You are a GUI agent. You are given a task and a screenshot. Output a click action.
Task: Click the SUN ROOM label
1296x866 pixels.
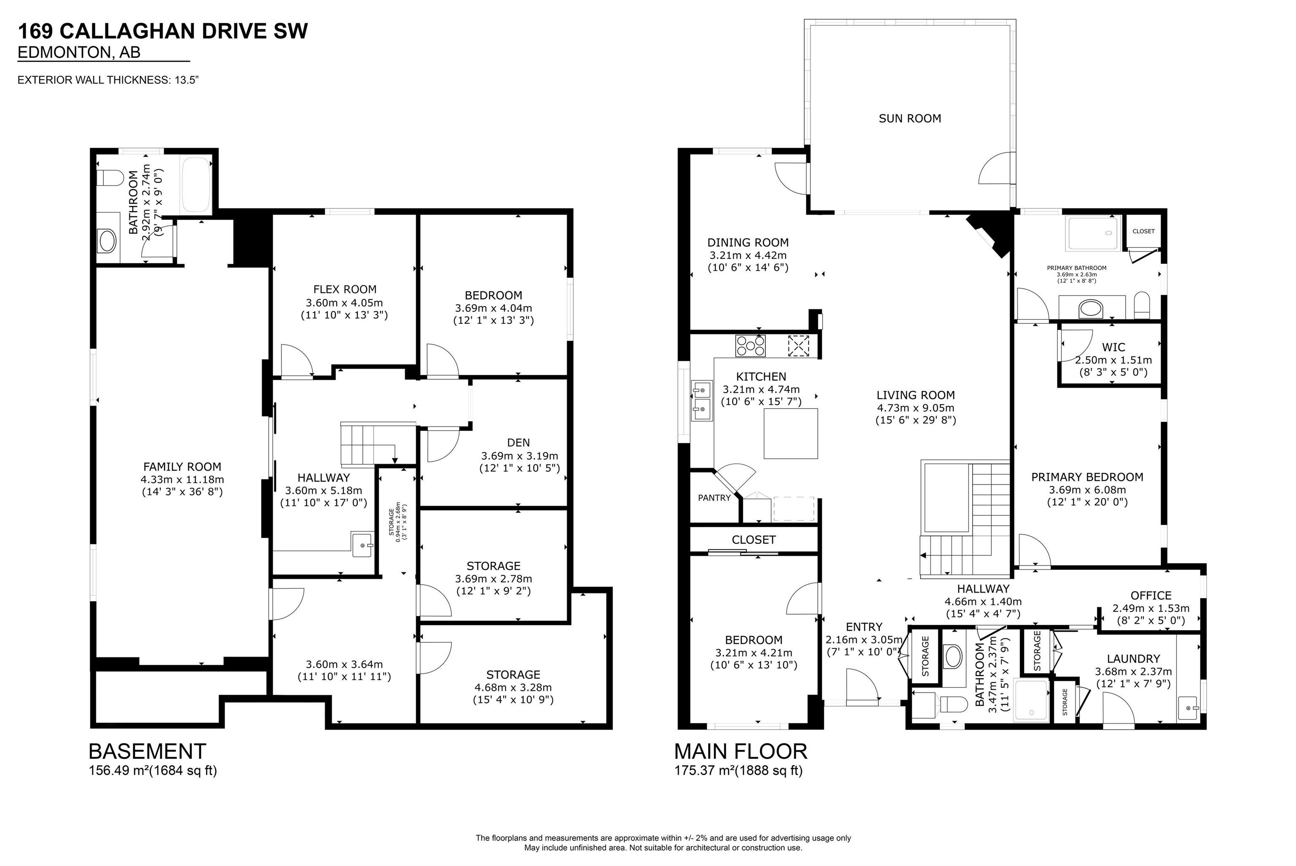tap(910, 118)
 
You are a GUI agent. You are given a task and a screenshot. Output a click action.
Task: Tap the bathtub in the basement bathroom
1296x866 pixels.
tap(196, 184)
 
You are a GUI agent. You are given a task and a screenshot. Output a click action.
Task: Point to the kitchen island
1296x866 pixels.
tap(791, 433)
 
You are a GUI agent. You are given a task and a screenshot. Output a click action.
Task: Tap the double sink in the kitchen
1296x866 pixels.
tap(702, 401)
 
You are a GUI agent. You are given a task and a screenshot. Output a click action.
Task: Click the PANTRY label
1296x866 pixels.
tap(714, 498)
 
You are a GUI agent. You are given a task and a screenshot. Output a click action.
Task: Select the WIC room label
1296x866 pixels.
tap(1113, 347)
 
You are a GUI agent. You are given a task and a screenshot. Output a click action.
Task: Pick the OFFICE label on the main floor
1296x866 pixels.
tap(1151, 595)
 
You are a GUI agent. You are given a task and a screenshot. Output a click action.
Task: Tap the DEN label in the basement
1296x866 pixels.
tap(518, 442)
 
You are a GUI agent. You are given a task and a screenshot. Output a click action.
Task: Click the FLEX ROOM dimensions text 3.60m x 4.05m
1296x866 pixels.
tap(344, 303)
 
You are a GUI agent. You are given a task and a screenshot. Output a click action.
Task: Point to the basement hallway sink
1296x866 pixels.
tap(363, 544)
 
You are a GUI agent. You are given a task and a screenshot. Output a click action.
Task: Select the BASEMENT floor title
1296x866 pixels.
tap(147, 751)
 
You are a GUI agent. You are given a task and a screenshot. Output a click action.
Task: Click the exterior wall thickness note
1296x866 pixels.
tap(108, 80)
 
